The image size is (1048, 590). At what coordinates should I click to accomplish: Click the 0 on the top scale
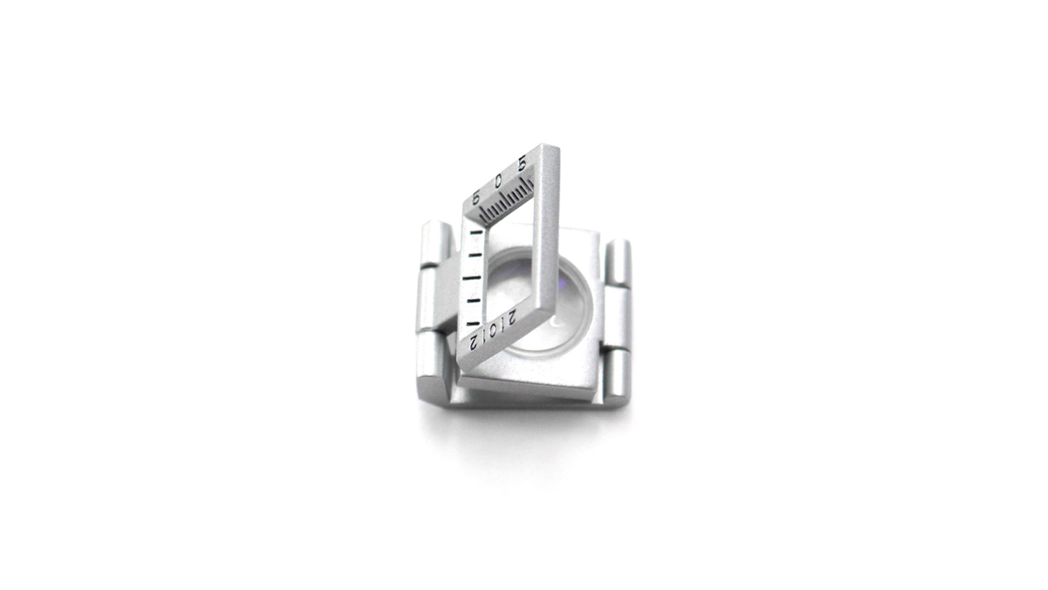(x=498, y=180)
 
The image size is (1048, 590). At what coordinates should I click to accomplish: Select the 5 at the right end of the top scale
(x=521, y=164)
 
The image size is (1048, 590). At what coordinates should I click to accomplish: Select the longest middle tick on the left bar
(x=473, y=279)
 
